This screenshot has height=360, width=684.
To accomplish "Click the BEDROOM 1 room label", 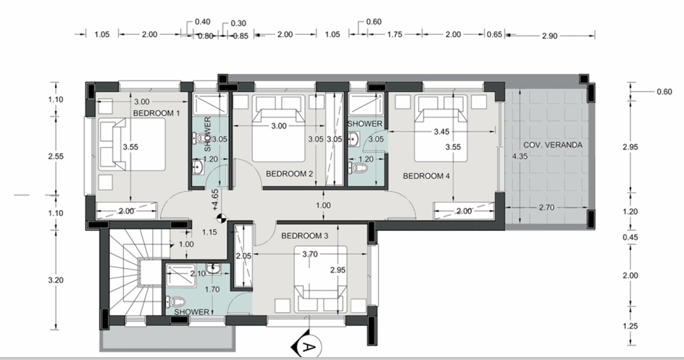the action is (157, 113).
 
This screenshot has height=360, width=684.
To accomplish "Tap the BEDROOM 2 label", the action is (289, 174).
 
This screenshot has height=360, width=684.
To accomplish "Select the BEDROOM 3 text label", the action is (304, 236).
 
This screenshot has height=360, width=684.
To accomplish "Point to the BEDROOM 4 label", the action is (426, 176).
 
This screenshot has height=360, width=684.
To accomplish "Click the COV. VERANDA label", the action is (553, 145).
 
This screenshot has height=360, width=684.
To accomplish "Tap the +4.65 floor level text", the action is (215, 200).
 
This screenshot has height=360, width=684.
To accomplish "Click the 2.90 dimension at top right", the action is (550, 36).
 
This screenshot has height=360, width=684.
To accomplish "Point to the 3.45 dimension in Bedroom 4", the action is (441, 131).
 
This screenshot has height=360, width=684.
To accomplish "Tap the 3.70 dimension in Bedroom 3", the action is (309, 254).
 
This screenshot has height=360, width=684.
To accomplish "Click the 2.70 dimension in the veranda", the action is (546, 207).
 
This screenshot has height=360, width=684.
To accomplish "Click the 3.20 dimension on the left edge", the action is (55, 280).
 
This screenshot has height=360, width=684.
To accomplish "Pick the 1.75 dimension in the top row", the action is (394, 35).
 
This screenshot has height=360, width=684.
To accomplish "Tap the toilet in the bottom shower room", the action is (176, 301).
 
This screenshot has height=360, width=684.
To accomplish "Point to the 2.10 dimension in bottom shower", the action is (198, 274).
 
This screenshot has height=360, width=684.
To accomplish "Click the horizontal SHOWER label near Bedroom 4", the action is (364, 124).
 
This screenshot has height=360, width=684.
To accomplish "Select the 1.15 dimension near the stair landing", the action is (209, 233).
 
